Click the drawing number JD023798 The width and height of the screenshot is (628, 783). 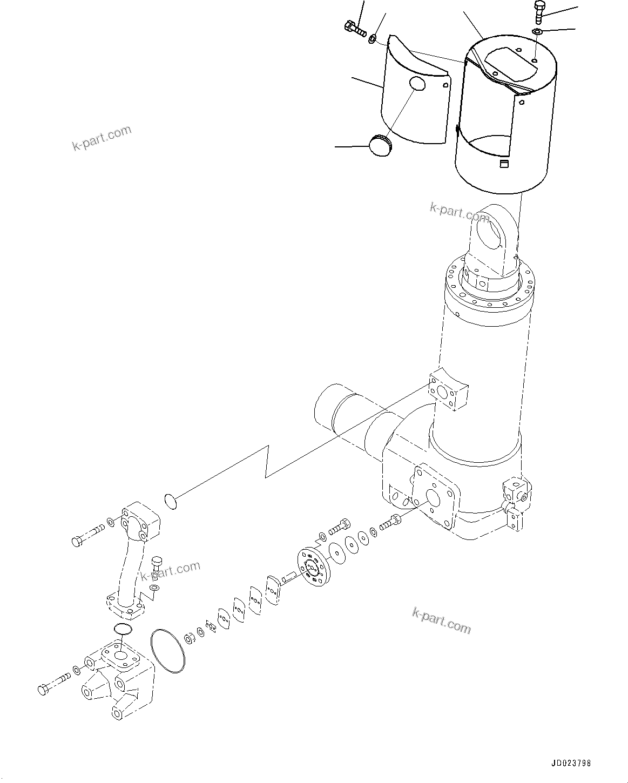(x=571, y=764)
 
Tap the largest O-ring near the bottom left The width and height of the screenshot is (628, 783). (x=168, y=651)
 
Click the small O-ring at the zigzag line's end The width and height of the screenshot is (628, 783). (x=170, y=501)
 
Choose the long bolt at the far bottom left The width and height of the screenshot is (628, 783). (x=55, y=683)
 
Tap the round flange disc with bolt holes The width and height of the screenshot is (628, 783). (x=312, y=566)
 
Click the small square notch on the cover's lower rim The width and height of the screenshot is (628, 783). (x=503, y=164)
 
